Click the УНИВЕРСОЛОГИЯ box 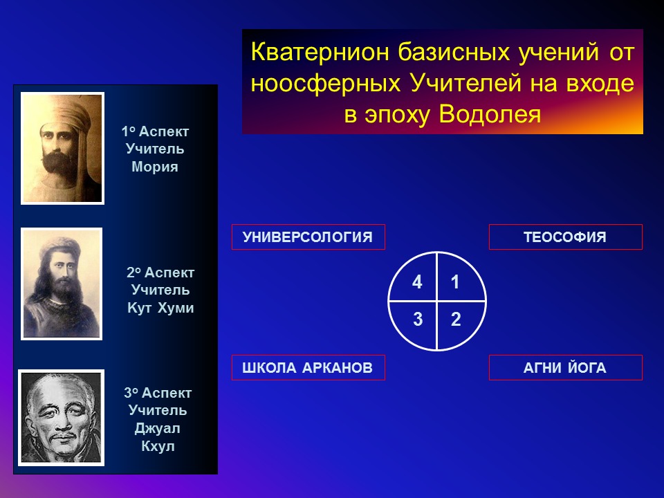pos(308,237)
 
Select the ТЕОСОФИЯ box pos(565,237)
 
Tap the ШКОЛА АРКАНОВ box pos(308,367)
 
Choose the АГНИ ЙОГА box pos(565,367)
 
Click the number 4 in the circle pos(417,282)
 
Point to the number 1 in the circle pos(455,282)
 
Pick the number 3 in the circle pos(418,319)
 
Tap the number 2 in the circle pos(456,319)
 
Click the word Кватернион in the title pos(320,52)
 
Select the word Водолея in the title pos(490,114)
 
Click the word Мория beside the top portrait pos(154,167)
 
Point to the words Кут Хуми pos(160,308)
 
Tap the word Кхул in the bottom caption pos(158,446)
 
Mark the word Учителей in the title pos(465,83)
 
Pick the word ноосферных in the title pos(325,84)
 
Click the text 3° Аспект pos(158,393)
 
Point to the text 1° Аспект pos(155,131)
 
